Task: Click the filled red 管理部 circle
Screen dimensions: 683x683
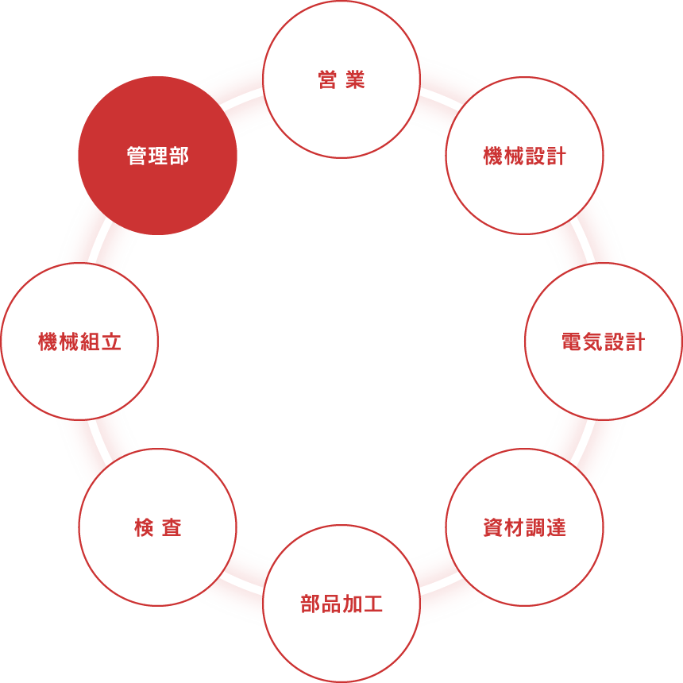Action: (158, 156)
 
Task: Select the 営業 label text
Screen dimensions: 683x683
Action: (341, 79)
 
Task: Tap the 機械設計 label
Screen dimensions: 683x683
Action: (524, 156)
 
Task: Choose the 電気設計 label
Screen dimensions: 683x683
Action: (604, 341)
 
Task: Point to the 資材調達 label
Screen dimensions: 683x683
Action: (524, 527)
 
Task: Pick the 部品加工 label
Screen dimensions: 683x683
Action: (341, 604)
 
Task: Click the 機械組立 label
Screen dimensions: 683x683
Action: (79, 341)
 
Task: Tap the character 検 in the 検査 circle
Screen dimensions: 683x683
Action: (144, 527)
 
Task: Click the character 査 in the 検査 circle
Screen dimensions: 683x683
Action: (172, 527)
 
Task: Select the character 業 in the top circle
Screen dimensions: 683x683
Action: (356, 79)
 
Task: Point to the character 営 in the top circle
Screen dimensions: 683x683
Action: (327, 79)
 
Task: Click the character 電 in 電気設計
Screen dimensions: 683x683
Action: (572, 341)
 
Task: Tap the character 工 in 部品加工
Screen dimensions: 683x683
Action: (373, 604)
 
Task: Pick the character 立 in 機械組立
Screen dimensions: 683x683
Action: (111, 341)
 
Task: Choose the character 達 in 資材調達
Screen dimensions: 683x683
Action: (556, 527)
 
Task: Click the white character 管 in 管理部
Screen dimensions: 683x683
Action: (137, 156)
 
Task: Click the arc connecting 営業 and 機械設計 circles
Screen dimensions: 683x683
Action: (440, 98)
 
